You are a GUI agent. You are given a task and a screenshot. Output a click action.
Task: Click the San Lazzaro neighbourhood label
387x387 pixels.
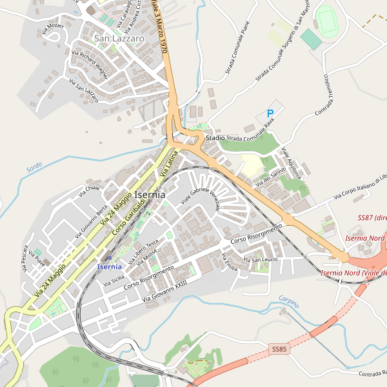(119, 39)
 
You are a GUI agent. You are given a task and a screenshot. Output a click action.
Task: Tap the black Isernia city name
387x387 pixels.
(149, 194)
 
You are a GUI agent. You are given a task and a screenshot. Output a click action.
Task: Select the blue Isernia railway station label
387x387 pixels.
(109, 266)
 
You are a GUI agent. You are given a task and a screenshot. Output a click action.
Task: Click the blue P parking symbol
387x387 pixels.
(270, 114)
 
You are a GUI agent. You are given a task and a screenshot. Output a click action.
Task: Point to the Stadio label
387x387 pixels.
(215, 138)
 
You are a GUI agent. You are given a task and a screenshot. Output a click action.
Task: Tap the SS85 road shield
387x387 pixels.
(279, 349)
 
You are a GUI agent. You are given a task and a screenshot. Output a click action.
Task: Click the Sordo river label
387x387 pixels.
(34, 166)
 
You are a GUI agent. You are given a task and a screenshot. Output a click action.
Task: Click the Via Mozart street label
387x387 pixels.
(52, 28)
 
